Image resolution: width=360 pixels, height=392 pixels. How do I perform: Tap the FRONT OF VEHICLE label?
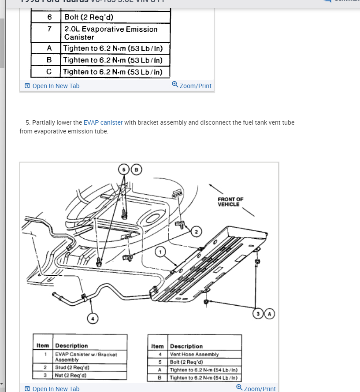tap(230, 202)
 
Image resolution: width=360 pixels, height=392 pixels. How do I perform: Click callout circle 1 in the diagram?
tap(161, 252)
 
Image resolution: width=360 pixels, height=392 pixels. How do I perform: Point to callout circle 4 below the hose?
tap(93, 318)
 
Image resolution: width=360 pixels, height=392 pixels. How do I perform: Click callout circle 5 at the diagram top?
tap(125, 170)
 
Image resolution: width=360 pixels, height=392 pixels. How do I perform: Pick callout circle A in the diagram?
tap(269, 314)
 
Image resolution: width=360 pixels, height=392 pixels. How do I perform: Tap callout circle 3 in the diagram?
tap(258, 314)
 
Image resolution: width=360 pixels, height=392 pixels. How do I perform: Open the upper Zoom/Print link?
tap(192, 85)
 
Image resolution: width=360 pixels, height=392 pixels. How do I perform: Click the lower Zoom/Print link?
tap(256, 388)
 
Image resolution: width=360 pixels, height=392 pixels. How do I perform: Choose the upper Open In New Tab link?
tap(52, 86)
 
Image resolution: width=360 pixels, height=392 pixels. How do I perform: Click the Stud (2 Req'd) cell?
tap(72, 368)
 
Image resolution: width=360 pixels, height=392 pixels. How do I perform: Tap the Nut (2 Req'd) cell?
tap(71, 375)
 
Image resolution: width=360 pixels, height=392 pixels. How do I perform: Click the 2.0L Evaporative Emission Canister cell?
tap(111, 33)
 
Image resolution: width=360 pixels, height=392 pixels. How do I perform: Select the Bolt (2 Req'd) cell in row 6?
tap(89, 17)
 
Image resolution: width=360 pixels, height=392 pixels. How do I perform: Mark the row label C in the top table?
tap(49, 71)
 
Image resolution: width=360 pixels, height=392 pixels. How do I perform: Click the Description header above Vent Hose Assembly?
tap(186, 346)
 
